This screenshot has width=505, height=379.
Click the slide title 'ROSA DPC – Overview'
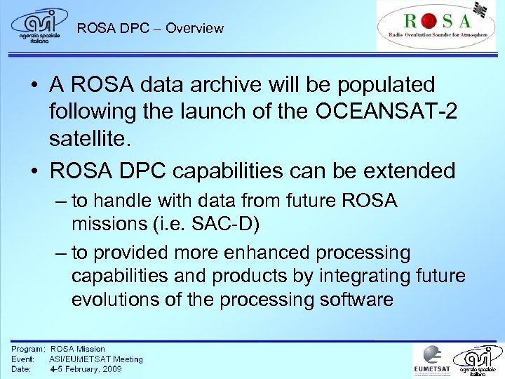tap(150, 29)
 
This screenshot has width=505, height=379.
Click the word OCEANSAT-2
tap(393, 111)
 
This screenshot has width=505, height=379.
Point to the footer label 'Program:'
tap(28, 349)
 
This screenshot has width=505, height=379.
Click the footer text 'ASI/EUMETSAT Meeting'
tap(95, 359)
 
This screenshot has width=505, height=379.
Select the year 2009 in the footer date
tap(109, 368)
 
